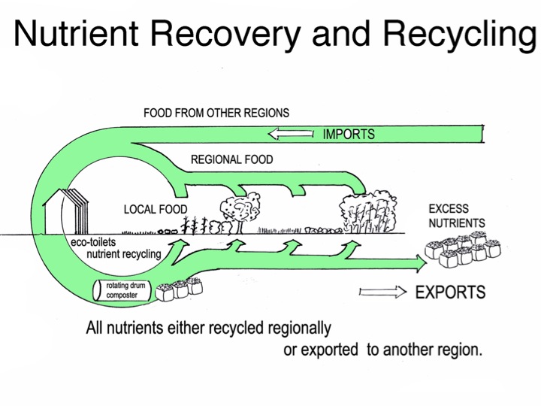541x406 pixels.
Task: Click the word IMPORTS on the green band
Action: point(349,135)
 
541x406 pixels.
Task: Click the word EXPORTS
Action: point(450,292)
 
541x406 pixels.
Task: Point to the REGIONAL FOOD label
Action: point(231,160)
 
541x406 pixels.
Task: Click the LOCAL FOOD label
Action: point(156,209)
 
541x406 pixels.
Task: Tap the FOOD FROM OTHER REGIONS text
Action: point(216,114)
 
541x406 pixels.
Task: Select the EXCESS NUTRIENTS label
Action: point(456,216)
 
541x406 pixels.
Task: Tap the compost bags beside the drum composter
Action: point(179,287)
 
